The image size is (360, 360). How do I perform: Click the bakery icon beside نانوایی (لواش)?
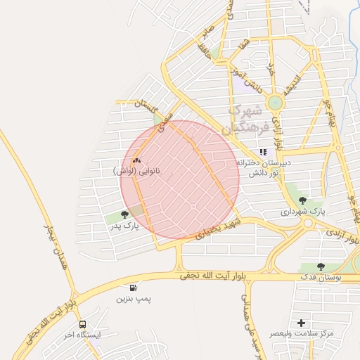tap(136, 160)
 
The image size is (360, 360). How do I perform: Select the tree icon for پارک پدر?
tap(125, 215)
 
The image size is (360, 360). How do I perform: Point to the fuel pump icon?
tap(134, 288)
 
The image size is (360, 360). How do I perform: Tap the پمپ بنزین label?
tap(134, 299)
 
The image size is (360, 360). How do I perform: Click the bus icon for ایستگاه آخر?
tap(83, 325)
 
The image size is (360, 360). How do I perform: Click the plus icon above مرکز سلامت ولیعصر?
tap(302, 322)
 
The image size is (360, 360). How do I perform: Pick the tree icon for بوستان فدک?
tap(321, 266)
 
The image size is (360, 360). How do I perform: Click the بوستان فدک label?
tap(320, 278)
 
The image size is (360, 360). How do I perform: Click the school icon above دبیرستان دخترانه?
tap(263, 152)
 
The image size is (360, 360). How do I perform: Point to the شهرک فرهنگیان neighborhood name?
tap(243, 120)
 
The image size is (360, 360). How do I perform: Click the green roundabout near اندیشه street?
tap(275, 103)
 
